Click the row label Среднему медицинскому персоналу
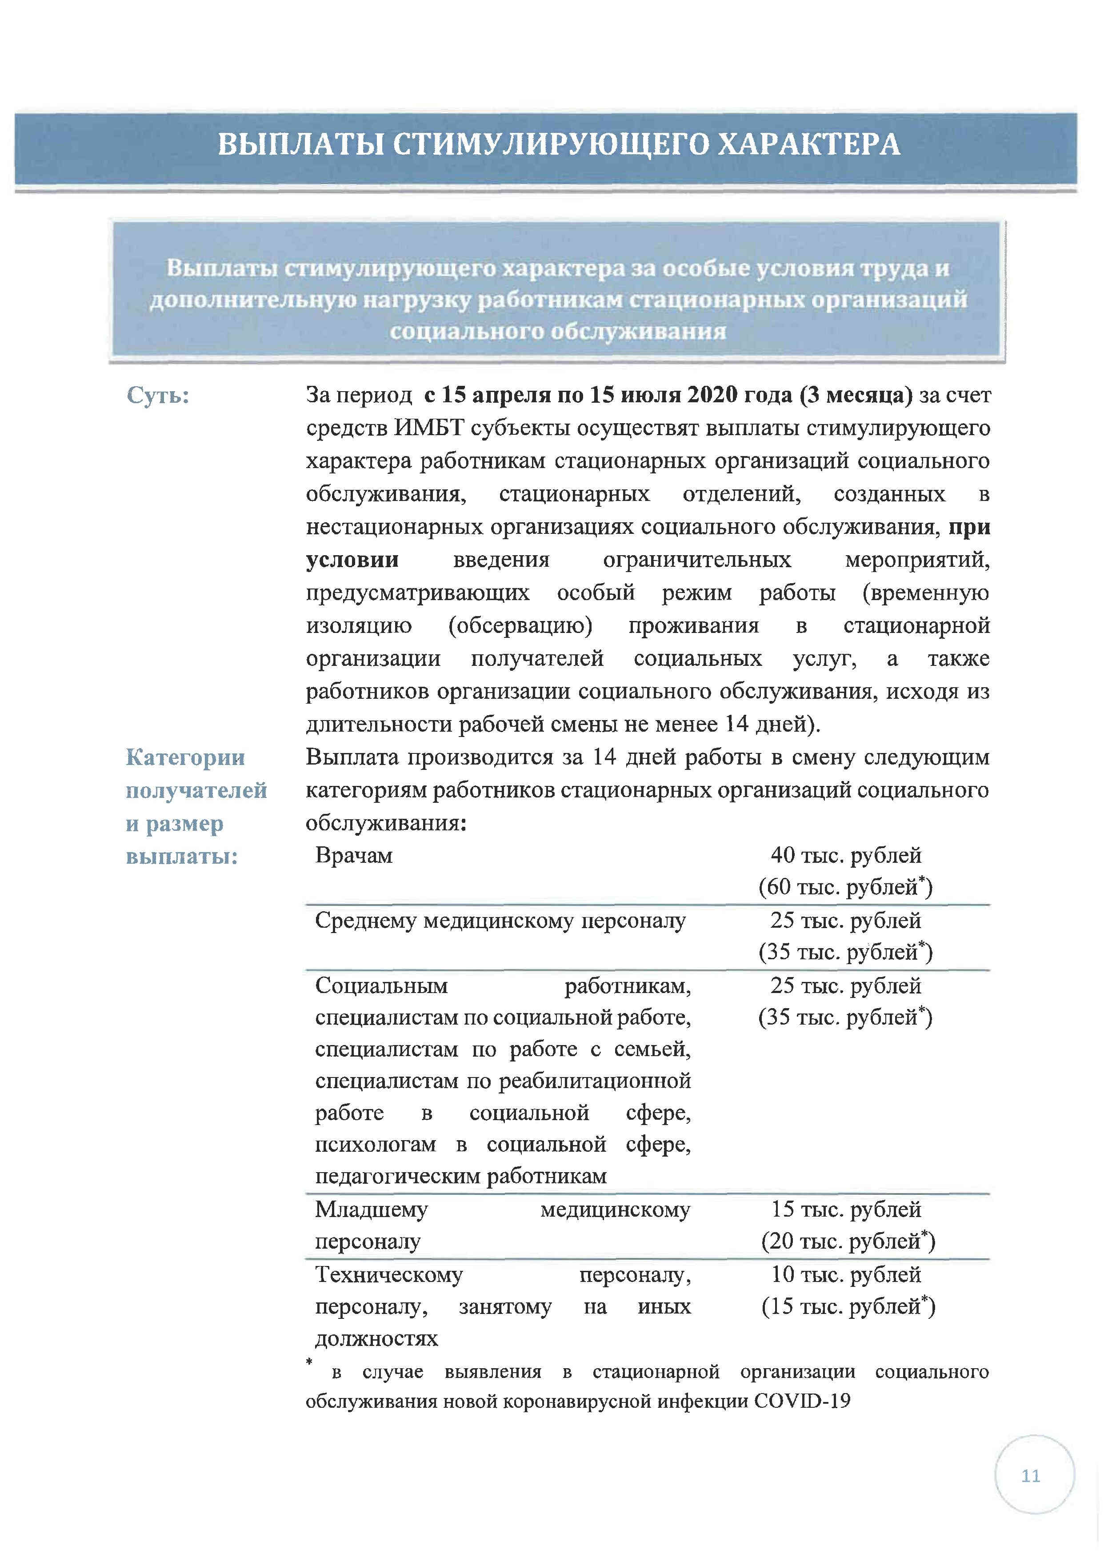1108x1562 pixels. coord(500,921)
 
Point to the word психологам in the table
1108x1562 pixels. coord(375,1144)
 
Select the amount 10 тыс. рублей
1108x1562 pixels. coord(846,1274)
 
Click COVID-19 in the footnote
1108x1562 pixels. coord(802,1401)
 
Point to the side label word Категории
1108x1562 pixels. coord(185,757)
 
